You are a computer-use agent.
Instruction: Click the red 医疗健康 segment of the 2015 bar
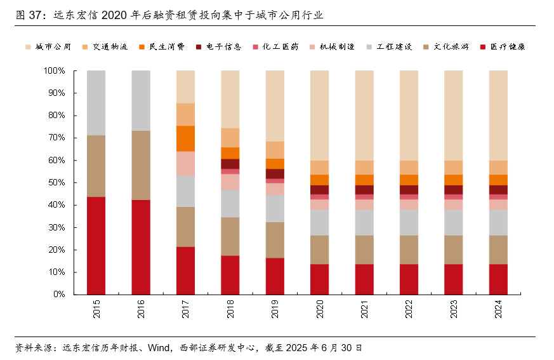pyautogui.click(x=96, y=245)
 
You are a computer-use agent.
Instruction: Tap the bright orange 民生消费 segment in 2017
pyautogui.click(x=185, y=138)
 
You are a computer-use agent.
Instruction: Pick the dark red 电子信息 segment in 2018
pyautogui.click(x=230, y=164)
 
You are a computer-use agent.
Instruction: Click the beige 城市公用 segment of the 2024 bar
pyautogui.click(x=498, y=115)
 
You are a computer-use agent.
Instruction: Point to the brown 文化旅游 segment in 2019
pyautogui.click(x=275, y=240)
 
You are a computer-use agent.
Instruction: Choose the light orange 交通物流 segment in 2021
pyautogui.click(x=364, y=167)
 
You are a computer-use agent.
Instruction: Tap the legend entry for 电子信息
pyautogui.click(x=219, y=46)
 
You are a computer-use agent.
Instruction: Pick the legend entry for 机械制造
pyautogui.click(x=331, y=46)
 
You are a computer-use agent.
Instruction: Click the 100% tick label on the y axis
pyautogui.click(x=55, y=71)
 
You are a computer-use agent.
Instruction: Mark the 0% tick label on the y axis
pyautogui.click(x=59, y=295)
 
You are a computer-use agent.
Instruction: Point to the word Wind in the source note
pyautogui.click(x=156, y=347)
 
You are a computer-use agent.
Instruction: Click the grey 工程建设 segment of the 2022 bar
pyautogui.click(x=409, y=222)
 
